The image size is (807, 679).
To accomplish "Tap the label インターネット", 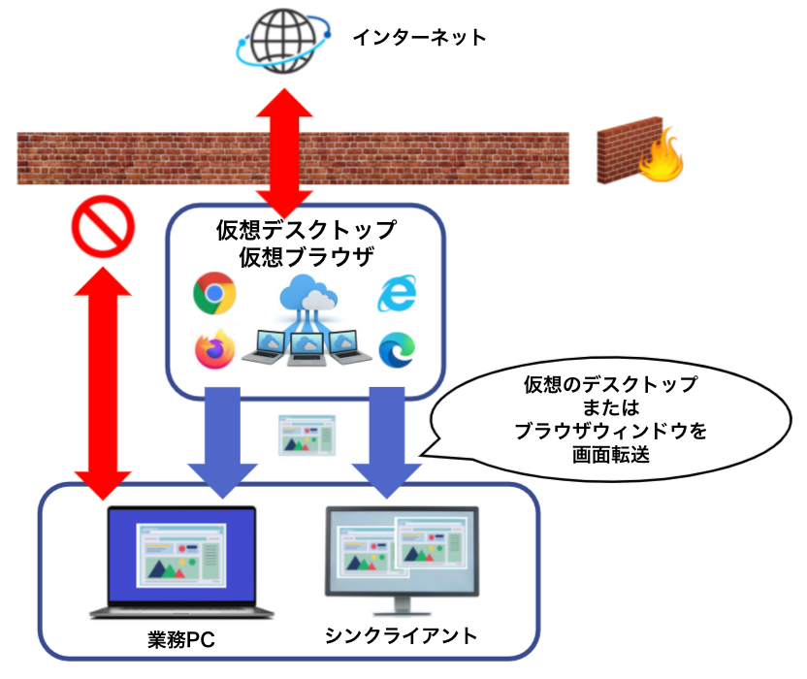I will (418, 38).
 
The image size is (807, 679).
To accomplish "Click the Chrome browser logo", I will (215, 293).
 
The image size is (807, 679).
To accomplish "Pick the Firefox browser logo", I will (215, 351).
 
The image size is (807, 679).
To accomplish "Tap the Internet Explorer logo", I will (397, 293).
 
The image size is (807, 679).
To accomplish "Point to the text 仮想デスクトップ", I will (306, 232).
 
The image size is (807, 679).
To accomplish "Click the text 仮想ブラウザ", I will (306, 257).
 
